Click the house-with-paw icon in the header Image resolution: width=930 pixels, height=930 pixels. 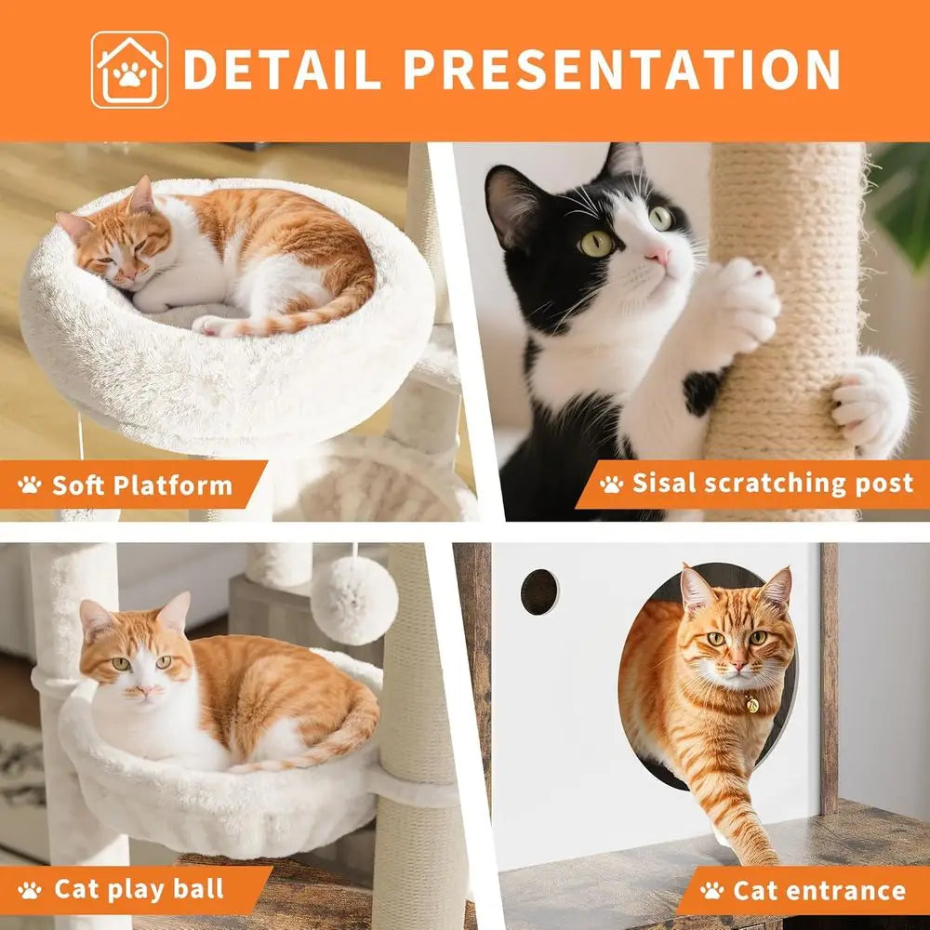[x=130, y=70]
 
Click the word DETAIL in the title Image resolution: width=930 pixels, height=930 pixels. [x=283, y=70]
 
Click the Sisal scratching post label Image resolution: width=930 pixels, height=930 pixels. [x=772, y=483]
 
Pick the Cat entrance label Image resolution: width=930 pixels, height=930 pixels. [x=818, y=890]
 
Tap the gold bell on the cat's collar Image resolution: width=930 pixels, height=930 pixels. [x=751, y=705]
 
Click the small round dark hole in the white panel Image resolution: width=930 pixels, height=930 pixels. [x=538, y=591]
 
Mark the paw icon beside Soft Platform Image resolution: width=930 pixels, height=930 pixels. [x=30, y=485]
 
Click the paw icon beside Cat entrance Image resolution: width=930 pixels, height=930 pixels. [x=712, y=890]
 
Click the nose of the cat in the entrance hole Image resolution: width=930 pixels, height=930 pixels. [x=737, y=666]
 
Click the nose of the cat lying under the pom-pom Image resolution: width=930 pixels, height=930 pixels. [x=145, y=690]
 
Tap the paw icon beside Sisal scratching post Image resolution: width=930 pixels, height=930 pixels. [x=611, y=484]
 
